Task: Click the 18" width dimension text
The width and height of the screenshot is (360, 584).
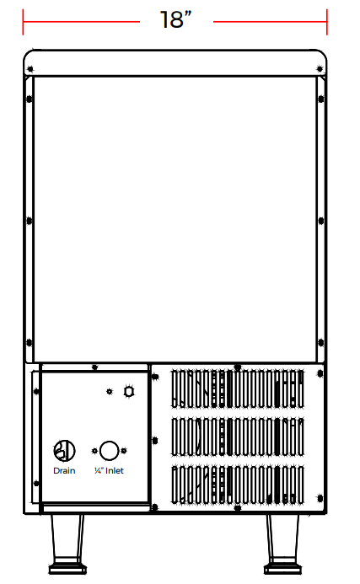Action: point(175,19)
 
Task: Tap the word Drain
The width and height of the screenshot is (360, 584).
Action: point(64,471)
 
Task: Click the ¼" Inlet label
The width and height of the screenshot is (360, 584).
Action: point(109,471)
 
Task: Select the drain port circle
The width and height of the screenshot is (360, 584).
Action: point(64,451)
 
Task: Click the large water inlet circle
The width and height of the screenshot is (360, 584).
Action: point(110,451)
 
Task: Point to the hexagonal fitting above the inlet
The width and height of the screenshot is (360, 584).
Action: point(129,392)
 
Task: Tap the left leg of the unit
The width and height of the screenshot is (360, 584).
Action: point(67,544)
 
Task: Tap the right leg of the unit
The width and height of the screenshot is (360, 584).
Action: point(282,544)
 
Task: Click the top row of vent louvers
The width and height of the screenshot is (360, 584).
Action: point(238,388)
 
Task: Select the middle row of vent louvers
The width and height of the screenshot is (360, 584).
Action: point(238,437)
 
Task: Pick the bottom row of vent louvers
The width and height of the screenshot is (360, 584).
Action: point(238,485)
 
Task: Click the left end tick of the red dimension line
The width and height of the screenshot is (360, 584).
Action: point(23,22)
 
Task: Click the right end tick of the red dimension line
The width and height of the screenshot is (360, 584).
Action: point(327,22)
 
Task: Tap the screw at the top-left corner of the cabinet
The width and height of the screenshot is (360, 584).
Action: point(30,69)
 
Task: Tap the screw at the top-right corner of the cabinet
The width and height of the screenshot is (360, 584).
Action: point(320,69)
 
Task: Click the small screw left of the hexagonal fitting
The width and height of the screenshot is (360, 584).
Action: point(110,392)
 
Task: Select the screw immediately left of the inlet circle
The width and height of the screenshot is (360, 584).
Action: point(94,451)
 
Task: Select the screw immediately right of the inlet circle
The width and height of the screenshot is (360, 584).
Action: point(124,451)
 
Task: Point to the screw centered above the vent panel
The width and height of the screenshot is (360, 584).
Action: point(238,367)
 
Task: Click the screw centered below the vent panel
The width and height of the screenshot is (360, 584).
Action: point(238,507)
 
